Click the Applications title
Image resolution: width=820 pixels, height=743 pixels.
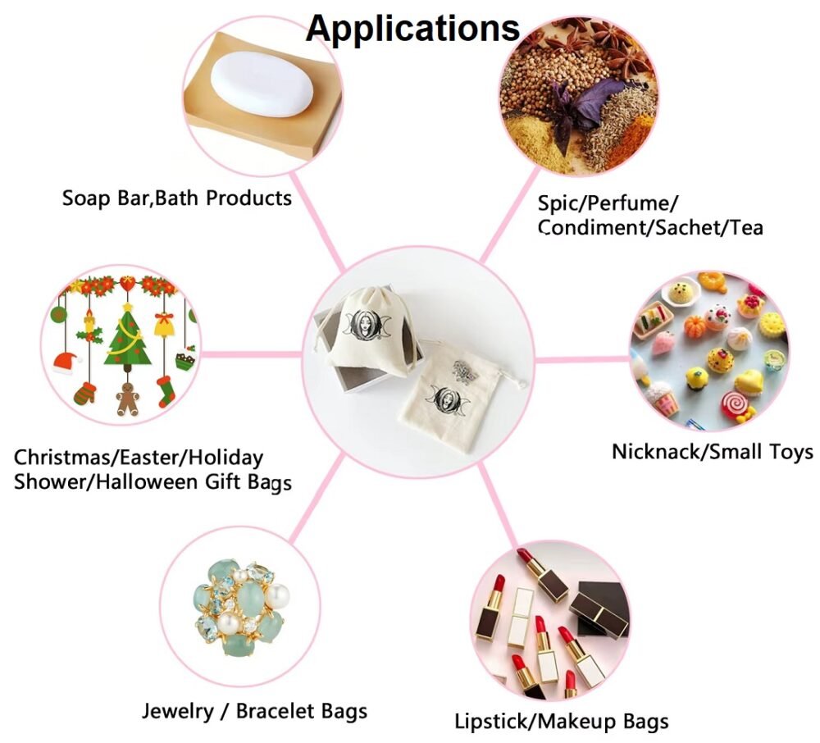[x=412, y=28]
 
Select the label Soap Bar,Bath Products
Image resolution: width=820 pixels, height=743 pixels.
[x=176, y=198]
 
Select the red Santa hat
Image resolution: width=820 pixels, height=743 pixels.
[x=68, y=362]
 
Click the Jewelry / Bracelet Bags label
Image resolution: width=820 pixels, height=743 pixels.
[x=254, y=710]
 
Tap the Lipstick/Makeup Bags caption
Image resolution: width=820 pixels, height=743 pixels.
[x=562, y=722]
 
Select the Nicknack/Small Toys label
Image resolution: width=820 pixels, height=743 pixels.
[x=712, y=451]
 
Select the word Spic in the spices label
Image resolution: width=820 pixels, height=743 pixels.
[x=558, y=203]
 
